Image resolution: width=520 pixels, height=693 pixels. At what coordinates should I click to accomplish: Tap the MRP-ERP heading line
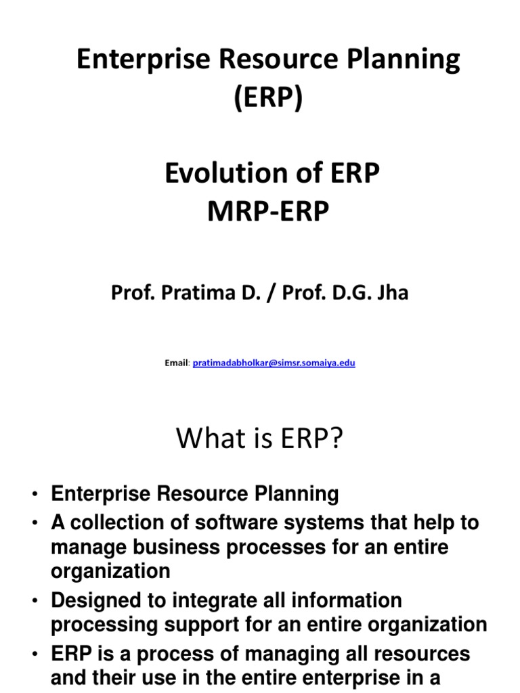click(x=268, y=213)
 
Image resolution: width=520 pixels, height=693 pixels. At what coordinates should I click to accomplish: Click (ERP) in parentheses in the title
click(x=268, y=99)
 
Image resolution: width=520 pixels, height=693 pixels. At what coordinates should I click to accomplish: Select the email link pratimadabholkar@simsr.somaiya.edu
click(x=274, y=363)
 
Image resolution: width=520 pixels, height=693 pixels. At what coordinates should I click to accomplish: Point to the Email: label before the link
click(x=177, y=363)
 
